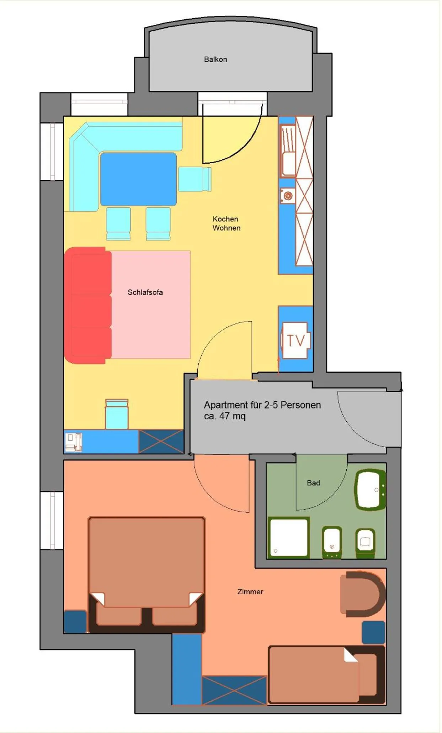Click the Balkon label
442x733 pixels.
[215, 59]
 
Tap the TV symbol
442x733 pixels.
[295, 341]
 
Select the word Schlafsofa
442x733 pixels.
[145, 292]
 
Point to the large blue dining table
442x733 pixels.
[138, 179]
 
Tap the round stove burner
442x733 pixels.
[288, 196]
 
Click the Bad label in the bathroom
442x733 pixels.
[313, 483]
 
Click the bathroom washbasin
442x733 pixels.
[370, 490]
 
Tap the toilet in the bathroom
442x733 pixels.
[365, 542]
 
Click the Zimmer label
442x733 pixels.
[250, 592]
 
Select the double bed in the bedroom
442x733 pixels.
[146, 573]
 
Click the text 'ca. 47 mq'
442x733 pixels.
[225, 416]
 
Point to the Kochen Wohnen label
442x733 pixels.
[226, 223]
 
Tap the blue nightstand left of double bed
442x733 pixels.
[75, 622]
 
